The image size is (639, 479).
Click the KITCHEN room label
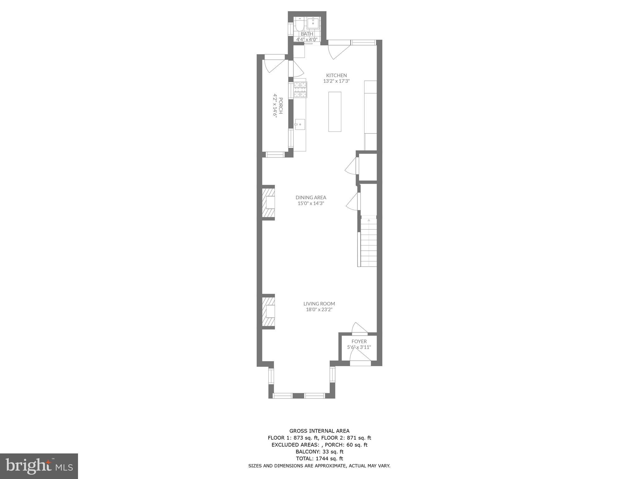coord(336,75)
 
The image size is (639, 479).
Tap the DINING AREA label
coord(311,197)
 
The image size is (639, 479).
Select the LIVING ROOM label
coord(319,304)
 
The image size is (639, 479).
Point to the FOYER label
coord(359,341)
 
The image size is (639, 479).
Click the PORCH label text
coord(280,106)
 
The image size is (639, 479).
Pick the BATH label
coord(307,34)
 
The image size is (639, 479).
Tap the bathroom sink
coord(313,23)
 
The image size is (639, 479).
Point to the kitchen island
coord(334,112)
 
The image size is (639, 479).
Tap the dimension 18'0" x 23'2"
coord(319,310)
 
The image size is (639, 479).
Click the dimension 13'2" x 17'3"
coord(336,81)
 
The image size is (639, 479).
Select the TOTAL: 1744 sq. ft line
coord(319,459)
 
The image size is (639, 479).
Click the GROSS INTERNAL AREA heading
coord(319,431)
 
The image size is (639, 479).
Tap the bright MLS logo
coord(39,467)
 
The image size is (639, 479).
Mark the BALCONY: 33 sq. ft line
coord(319,452)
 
